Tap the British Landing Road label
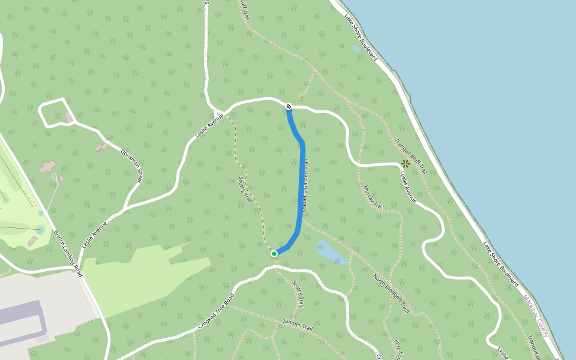click(x=67, y=253)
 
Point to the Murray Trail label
click(x=373, y=197)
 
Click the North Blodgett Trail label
click(x=391, y=294)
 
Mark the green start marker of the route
click(x=274, y=254)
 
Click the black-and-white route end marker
click(x=289, y=106)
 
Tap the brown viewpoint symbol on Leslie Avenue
click(x=406, y=163)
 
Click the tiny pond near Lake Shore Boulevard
click(x=356, y=49)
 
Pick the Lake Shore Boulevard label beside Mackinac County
click(x=500, y=263)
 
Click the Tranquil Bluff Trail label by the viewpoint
click(x=410, y=157)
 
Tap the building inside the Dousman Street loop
click(x=69, y=117)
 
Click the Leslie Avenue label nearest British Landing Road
click(x=94, y=234)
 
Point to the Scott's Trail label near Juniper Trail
click(x=298, y=294)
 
